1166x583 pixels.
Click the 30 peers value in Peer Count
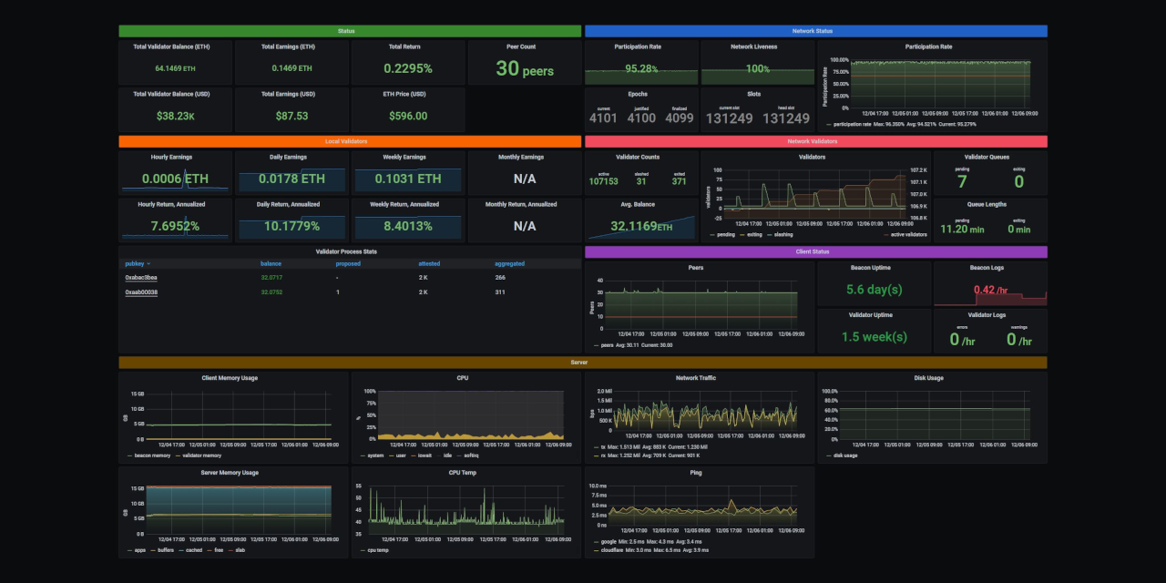tap(525, 68)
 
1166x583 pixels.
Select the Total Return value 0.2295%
tap(407, 68)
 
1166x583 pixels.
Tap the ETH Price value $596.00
tap(407, 116)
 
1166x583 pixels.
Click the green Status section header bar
tap(350, 31)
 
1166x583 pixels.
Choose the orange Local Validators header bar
tap(350, 141)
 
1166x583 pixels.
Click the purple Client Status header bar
tap(816, 251)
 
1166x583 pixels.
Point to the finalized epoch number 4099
tap(679, 118)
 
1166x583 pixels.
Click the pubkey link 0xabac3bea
tap(141, 277)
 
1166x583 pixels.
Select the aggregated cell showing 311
tap(500, 292)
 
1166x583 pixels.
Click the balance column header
tap(271, 264)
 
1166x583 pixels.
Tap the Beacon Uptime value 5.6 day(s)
tap(874, 290)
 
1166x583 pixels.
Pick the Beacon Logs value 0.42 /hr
tap(989, 290)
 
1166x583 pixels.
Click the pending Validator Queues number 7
tap(962, 181)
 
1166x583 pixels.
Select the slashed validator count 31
tap(641, 181)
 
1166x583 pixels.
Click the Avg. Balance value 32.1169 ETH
tap(641, 226)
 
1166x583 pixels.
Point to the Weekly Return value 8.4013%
tap(407, 226)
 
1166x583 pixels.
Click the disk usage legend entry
tap(844, 455)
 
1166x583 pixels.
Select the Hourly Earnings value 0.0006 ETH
tap(174, 179)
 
